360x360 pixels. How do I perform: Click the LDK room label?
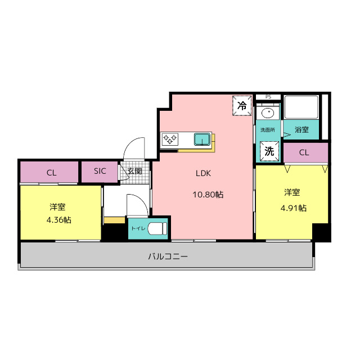(203, 173)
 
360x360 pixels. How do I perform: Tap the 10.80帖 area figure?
(208, 195)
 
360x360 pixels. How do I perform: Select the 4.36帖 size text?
(58, 220)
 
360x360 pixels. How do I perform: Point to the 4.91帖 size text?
(294, 208)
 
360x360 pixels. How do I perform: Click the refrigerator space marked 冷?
(242, 106)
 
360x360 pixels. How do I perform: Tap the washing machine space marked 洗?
(269, 151)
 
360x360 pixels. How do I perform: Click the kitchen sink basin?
(202, 139)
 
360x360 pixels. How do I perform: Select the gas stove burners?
(170, 139)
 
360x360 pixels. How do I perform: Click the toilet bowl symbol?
(157, 228)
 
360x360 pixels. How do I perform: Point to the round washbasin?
(268, 113)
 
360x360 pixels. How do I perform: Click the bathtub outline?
(301, 107)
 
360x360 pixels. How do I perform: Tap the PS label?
(268, 97)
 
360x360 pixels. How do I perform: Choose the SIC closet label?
(100, 171)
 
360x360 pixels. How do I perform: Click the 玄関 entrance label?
(135, 171)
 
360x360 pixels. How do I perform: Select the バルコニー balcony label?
(168, 256)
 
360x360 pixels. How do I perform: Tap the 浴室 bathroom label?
(301, 130)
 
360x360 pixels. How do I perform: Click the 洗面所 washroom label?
(268, 130)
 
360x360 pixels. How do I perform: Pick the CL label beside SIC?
(51, 173)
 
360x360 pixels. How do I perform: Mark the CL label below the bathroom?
(304, 152)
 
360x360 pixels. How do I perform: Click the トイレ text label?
(138, 228)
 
